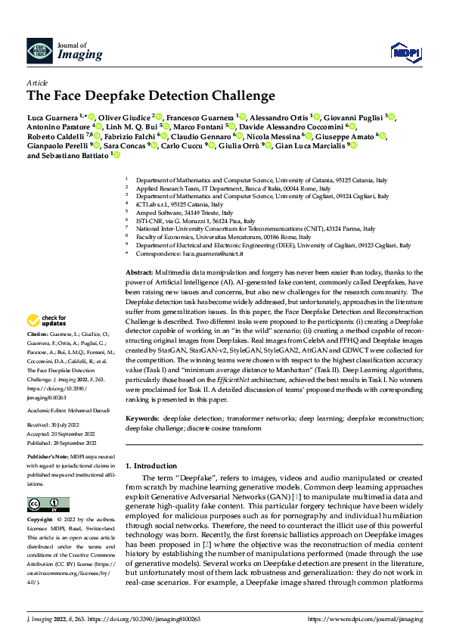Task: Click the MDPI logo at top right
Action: (404, 51)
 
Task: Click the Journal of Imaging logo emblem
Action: (39, 51)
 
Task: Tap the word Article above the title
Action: (37, 82)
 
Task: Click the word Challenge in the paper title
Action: (243, 96)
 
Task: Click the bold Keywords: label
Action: (142, 418)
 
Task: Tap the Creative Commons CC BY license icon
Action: (48, 504)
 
